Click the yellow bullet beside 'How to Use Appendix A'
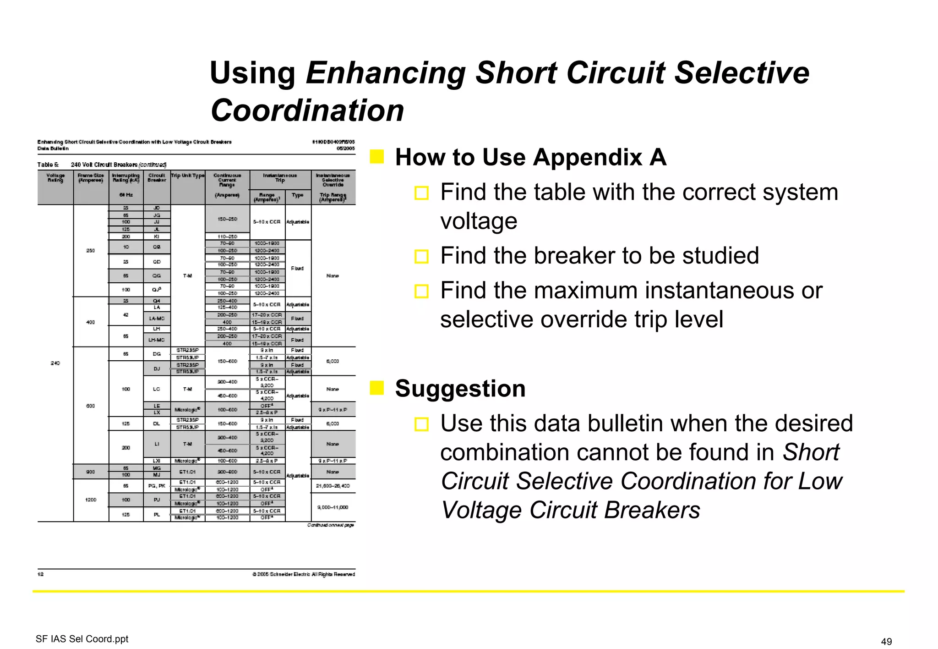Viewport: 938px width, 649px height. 376,157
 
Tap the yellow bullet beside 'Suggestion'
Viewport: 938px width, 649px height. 376,388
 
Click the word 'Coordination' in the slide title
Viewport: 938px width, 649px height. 307,110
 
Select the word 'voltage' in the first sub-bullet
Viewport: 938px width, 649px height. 479,221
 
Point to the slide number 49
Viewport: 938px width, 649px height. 886,641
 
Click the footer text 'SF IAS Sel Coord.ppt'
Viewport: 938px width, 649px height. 82,639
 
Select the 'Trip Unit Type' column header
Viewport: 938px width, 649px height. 188,176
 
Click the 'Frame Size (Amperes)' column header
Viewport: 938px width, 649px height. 91,178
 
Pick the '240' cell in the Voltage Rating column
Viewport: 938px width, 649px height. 55,363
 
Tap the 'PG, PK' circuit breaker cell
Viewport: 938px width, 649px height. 157,485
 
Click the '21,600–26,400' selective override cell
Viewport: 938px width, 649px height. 333,485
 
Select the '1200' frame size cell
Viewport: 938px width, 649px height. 91,500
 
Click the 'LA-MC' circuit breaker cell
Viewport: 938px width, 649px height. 157,319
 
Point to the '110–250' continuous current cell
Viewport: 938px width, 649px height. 227,236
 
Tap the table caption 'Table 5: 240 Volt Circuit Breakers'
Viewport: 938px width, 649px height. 102,165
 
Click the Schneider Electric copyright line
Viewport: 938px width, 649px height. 303,574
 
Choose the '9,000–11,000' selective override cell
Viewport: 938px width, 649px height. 333,507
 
